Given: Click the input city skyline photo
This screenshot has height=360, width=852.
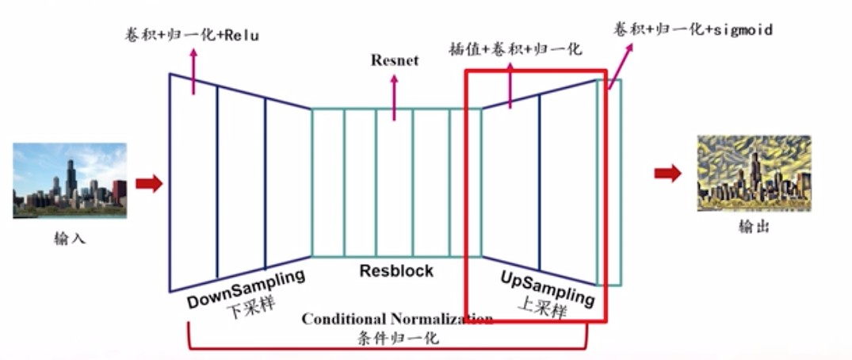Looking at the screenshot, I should [70, 180].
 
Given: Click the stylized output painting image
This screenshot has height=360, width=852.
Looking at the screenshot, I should [754, 173].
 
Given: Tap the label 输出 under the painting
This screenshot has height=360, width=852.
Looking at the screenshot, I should [754, 227].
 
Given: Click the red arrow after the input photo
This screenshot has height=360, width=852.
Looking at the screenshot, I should [148, 184].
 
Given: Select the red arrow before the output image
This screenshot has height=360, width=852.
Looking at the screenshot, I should [667, 174].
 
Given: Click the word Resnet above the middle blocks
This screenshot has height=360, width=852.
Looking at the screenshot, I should [394, 60].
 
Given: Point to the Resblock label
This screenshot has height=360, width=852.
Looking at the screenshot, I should [396, 270].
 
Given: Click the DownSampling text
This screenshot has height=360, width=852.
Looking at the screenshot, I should [246, 289].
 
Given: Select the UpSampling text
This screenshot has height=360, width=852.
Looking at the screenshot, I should [547, 288].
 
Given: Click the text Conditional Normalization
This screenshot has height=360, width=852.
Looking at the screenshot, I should [397, 319].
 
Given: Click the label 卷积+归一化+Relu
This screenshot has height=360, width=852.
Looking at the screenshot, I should [192, 35].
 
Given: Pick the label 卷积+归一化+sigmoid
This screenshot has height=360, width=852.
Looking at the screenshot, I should [693, 29].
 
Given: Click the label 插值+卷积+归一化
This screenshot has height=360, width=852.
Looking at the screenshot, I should [514, 49].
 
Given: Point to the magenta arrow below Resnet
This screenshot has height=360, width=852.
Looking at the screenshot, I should [394, 97].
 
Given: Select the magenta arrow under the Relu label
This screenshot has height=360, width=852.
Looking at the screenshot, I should [192, 72].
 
